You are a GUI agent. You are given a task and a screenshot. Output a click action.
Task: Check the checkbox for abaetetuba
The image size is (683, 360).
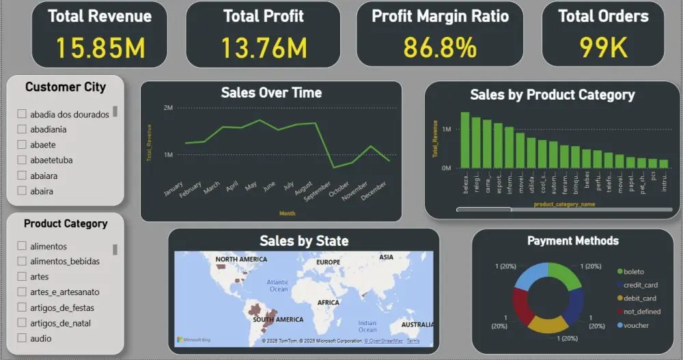[22, 160]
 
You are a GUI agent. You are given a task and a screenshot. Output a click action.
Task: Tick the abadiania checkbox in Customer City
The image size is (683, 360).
[22, 128]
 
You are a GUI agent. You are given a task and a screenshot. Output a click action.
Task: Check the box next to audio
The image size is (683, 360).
[22, 338]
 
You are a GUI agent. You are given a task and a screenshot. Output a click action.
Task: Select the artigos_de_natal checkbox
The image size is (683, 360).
[22, 323]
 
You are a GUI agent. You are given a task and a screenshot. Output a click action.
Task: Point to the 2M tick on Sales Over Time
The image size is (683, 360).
[168, 108]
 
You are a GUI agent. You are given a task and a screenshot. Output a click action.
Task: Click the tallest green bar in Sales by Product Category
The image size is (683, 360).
[465, 140]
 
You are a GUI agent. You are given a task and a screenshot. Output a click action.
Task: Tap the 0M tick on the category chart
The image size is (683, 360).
[446, 167]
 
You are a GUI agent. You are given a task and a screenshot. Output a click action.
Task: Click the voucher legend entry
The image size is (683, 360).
[636, 325]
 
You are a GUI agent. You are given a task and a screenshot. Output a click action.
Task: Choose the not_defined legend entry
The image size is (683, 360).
[642, 311]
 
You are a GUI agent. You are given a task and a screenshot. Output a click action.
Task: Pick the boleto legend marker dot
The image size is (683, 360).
[619, 272]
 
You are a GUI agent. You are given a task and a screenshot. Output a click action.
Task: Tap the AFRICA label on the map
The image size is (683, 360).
[328, 303]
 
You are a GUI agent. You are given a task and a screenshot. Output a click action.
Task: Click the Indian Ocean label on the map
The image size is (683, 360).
[367, 326]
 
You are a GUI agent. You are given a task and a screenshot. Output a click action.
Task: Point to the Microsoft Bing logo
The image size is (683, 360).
[193, 340]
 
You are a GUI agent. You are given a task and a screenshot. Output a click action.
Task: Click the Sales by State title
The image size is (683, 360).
[304, 240]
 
